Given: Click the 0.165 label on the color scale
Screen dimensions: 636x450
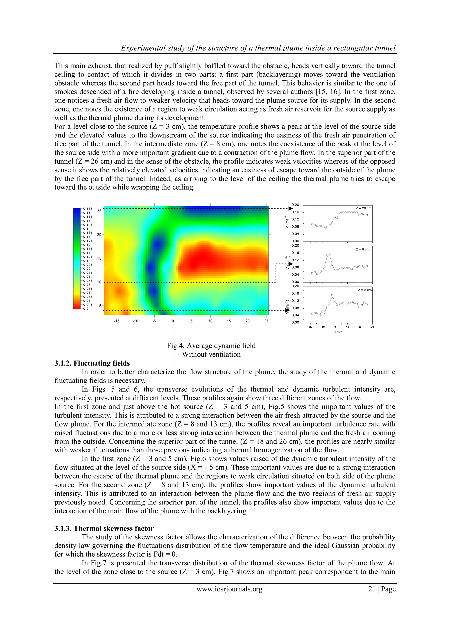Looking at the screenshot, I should pos(88,209).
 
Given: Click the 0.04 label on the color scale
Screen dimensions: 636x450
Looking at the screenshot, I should pos(87,309).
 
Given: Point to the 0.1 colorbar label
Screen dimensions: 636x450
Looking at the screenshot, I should pos(86,261).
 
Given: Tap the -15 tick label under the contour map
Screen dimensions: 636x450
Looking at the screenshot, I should pos(117,321).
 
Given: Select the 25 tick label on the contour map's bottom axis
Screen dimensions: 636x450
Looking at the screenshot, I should pos(266,321).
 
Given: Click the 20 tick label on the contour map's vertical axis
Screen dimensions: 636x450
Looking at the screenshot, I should pos(99,235).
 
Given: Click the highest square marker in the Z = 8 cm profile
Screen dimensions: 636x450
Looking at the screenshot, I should pos(329,254).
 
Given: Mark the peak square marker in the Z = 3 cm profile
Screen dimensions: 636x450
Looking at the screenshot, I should pos(332,295).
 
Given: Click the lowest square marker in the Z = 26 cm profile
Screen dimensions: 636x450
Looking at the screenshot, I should pos(325,228).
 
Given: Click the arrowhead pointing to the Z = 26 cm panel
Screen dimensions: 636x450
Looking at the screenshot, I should pos(290,209).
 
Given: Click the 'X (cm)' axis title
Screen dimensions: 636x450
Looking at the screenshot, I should pos(338,332).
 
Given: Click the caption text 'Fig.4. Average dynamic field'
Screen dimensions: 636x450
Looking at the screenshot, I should pos(211,345).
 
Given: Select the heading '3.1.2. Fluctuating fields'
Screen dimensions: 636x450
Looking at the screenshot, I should pos(92,363).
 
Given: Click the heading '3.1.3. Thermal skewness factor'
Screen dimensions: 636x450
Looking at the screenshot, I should pos(104,528).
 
